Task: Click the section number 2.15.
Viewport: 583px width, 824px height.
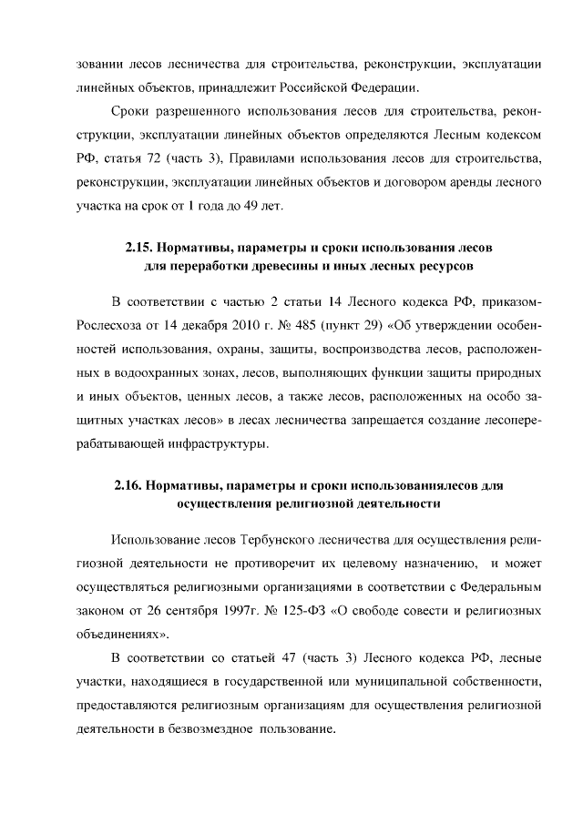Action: [138, 247]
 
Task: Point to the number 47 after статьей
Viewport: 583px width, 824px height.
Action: [261, 658]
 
